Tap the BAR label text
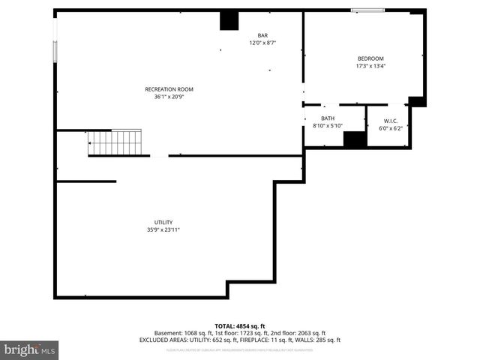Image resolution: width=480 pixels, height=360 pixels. tap(262, 35)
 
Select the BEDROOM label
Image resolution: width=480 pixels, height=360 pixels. tap(370, 58)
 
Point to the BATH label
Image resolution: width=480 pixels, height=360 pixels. tap(328, 118)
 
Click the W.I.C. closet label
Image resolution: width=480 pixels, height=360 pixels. tap(390, 121)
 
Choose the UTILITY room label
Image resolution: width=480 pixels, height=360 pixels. tap(163, 222)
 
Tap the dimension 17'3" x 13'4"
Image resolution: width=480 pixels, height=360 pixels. tap(370, 66)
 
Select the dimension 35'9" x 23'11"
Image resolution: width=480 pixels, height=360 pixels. tap(163, 229)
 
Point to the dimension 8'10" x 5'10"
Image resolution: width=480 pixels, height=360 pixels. tap(328, 125)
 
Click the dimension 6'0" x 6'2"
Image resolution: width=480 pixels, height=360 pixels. tap(390, 128)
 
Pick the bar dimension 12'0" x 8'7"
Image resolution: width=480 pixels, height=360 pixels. tap(262, 43)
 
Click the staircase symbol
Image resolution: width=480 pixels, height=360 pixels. tap(115, 142)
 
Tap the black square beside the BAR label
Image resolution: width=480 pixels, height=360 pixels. tap(229, 21)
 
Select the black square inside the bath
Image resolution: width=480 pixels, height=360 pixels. tap(354, 139)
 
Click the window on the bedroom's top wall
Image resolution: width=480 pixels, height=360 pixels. tap(367, 10)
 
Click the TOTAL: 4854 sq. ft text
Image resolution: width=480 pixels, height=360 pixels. tap(240, 325)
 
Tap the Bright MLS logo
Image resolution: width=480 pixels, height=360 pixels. tap(30, 349)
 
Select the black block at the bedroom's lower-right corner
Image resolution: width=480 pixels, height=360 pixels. tap(417, 101)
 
